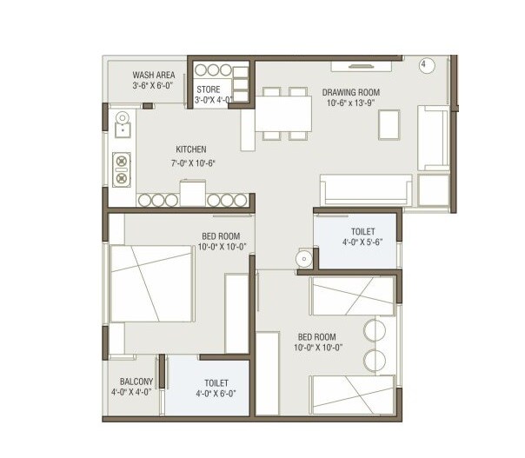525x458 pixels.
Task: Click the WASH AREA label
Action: [153, 75]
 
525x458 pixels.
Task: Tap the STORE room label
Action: [208, 89]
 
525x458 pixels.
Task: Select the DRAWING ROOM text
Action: [351, 91]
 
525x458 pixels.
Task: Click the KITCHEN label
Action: [190, 149]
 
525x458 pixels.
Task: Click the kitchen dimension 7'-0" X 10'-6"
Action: [193, 163]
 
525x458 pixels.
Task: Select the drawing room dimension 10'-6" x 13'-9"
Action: [353, 103]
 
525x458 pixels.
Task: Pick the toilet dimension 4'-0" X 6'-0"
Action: [216, 394]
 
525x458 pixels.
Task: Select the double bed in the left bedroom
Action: [150, 287]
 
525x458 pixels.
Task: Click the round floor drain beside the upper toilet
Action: [303, 258]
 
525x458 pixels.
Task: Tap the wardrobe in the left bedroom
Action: [237, 313]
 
